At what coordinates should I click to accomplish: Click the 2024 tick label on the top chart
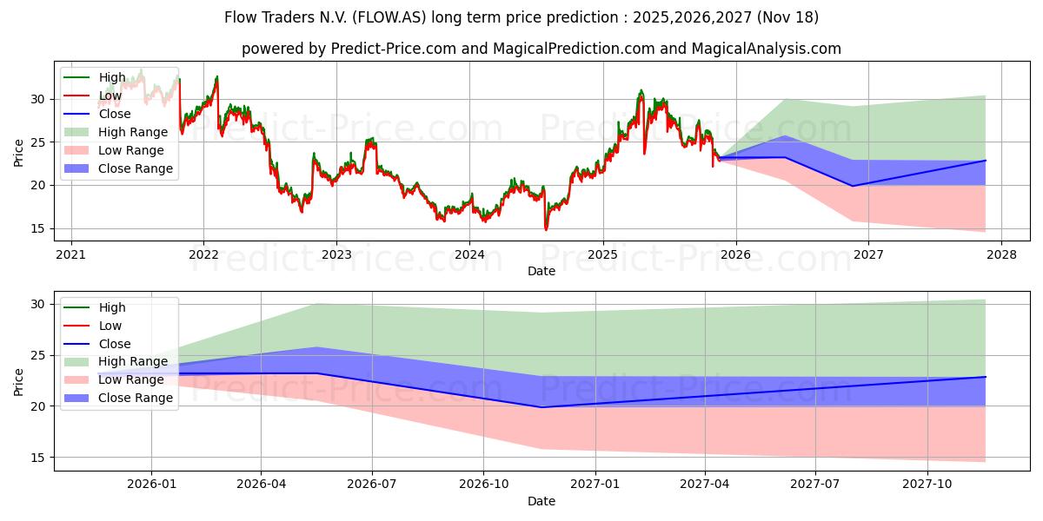tap(469, 254)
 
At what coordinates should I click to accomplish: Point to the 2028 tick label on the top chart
tap(1001, 254)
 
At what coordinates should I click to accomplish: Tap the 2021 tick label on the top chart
tap(70, 254)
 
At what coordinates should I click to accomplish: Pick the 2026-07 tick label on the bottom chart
tap(372, 485)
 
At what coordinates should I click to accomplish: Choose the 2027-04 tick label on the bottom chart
tap(705, 485)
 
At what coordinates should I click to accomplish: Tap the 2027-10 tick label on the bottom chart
tap(927, 485)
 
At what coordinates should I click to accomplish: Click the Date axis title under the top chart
tap(541, 271)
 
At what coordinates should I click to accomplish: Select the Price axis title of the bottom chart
tap(18, 382)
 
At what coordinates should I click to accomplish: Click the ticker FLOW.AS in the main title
tap(389, 17)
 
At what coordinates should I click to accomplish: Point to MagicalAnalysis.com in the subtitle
tap(767, 49)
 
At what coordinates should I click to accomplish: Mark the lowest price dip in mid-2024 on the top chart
tap(546, 229)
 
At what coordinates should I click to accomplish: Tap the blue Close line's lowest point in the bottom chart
tap(541, 407)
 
